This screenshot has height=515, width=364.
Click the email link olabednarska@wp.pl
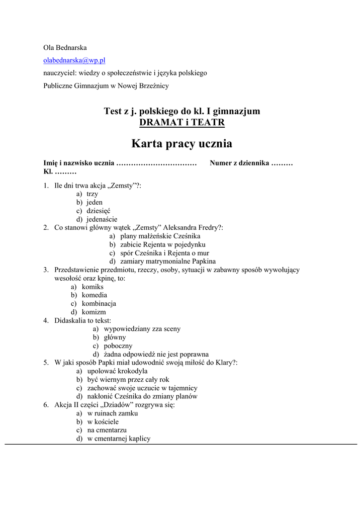[x=74, y=60]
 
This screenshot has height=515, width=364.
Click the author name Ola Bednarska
[x=65, y=48]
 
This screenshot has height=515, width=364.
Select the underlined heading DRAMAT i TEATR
[x=181, y=122]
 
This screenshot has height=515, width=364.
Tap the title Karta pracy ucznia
[x=181, y=144]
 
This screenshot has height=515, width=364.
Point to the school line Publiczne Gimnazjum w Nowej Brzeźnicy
[x=106, y=85]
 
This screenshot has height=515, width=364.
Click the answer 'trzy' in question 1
[x=92, y=194]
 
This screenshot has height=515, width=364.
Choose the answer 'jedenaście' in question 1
[x=102, y=219]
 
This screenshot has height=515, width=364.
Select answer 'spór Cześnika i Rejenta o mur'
[x=164, y=253]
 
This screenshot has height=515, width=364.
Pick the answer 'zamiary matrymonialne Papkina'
[x=168, y=262]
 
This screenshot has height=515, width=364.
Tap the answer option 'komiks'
[x=93, y=287]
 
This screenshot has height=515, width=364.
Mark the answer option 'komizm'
[x=94, y=312]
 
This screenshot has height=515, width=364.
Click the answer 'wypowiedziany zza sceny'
[x=142, y=329]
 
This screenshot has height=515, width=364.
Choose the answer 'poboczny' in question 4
[x=118, y=346]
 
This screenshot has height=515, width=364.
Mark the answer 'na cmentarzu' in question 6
[x=107, y=430]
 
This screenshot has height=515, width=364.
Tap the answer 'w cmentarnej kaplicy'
[x=119, y=439]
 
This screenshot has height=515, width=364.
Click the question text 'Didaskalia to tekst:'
[x=83, y=320]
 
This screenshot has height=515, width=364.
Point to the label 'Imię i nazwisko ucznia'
[x=79, y=163]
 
